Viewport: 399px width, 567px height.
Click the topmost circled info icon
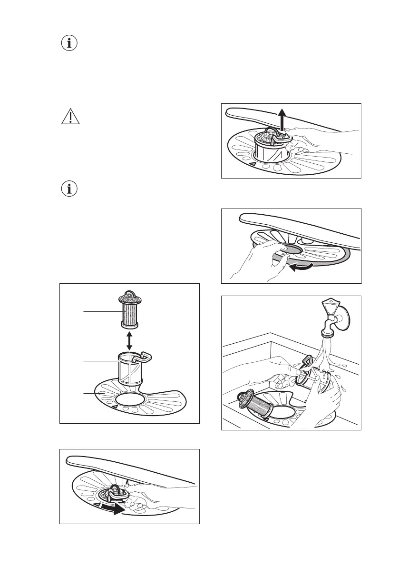coord(70,43)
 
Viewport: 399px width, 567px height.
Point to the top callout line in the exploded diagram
coord(101,312)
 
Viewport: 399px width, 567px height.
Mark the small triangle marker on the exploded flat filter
coord(115,407)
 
